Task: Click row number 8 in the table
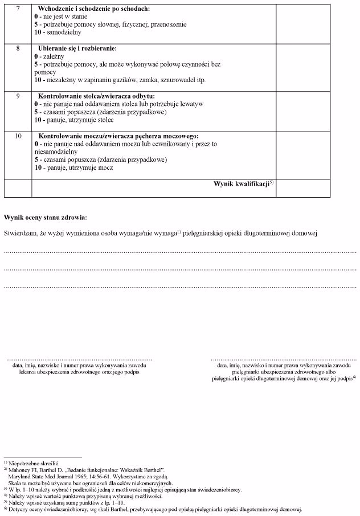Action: [x=18, y=48]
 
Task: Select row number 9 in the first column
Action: [x=18, y=96]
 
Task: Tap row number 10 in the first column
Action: [x=18, y=137]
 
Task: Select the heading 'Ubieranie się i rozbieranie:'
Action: [x=77, y=48]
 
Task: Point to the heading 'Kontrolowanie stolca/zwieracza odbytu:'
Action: [x=96, y=96]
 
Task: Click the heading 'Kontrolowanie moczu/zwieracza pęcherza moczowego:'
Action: [x=118, y=137]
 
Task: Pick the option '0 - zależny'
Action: [x=48, y=57]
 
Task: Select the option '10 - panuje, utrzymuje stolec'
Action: [x=74, y=120]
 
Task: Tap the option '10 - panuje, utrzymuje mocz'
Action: [x=73, y=168]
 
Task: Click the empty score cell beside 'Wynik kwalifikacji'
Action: [x=303, y=188]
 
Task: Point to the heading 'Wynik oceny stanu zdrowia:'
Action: [x=46, y=218]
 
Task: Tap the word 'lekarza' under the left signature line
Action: [x=28, y=372]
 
